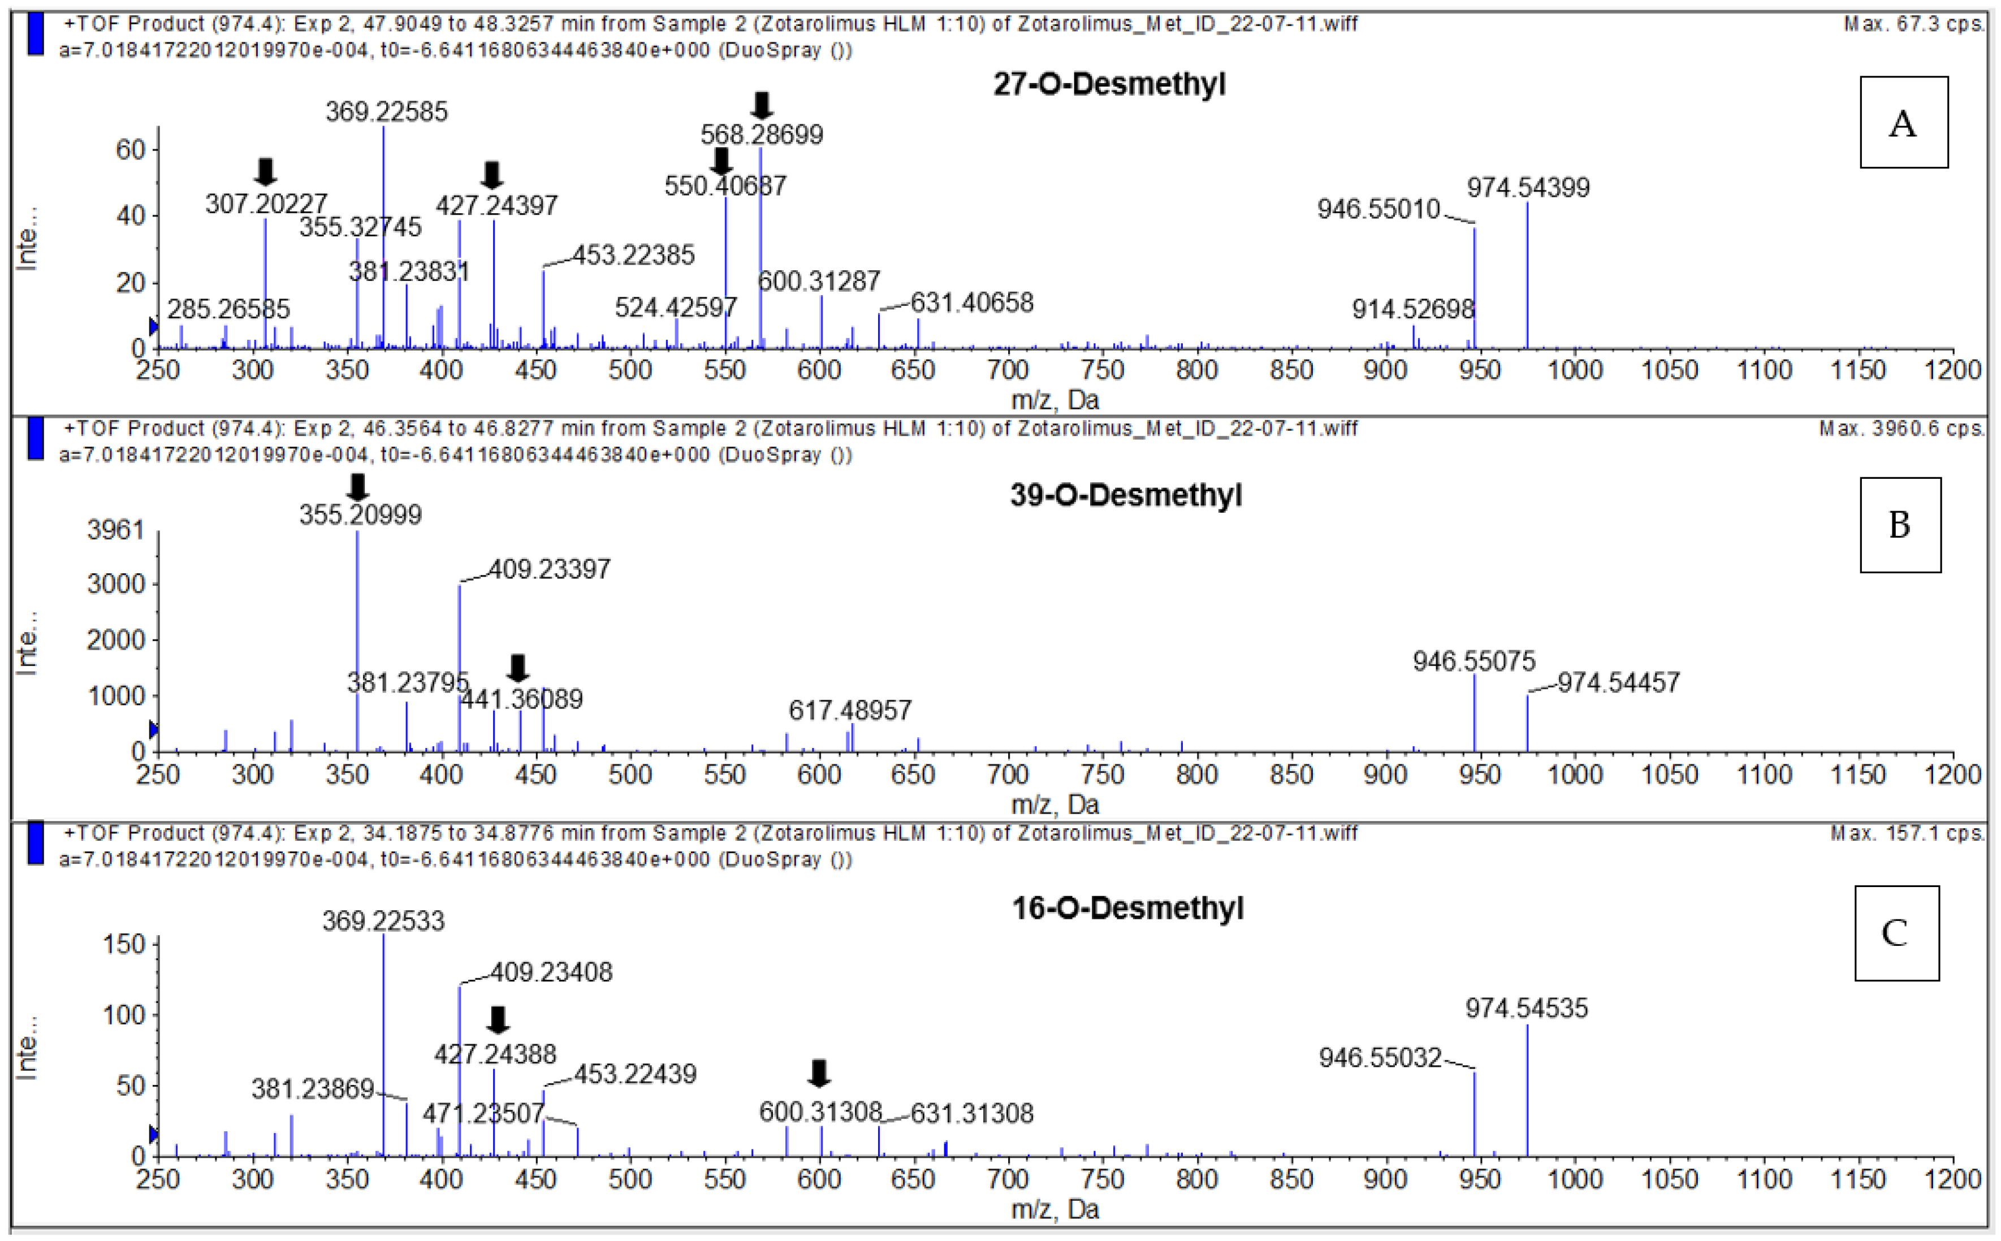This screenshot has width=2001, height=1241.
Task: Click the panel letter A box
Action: pyautogui.click(x=1903, y=122)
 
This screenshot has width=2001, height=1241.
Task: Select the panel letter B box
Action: pyautogui.click(x=1899, y=525)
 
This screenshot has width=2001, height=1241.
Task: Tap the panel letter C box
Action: pyautogui.click(x=1896, y=933)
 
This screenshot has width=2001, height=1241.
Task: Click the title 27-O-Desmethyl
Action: pyautogui.click(x=1109, y=84)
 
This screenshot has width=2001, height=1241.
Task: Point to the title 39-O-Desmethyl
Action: pyautogui.click(x=1125, y=495)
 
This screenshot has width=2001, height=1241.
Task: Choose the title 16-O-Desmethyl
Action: pyautogui.click(x=1127, y=908)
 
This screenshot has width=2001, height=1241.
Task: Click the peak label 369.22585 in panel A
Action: pyautogui.click(x=387, y=111)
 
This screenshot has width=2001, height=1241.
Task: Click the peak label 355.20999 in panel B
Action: pyautogui.click(x=360, y=514)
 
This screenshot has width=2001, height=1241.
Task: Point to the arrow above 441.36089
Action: pyautogui.click(x=517, y=667)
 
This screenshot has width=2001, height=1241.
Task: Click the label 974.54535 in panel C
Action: pyautogui.click(x=1527, y=1008)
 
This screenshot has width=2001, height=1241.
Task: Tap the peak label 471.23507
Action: pyautogui.click(x=483, y=1113)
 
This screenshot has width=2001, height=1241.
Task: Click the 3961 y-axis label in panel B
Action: pyautogui.click(x=116, y=530)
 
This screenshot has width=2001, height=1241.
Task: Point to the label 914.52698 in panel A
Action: pyautogui.click(x=1414, y=309)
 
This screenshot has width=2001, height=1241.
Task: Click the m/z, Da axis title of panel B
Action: pyautogui.click(x=1054, y=805)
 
